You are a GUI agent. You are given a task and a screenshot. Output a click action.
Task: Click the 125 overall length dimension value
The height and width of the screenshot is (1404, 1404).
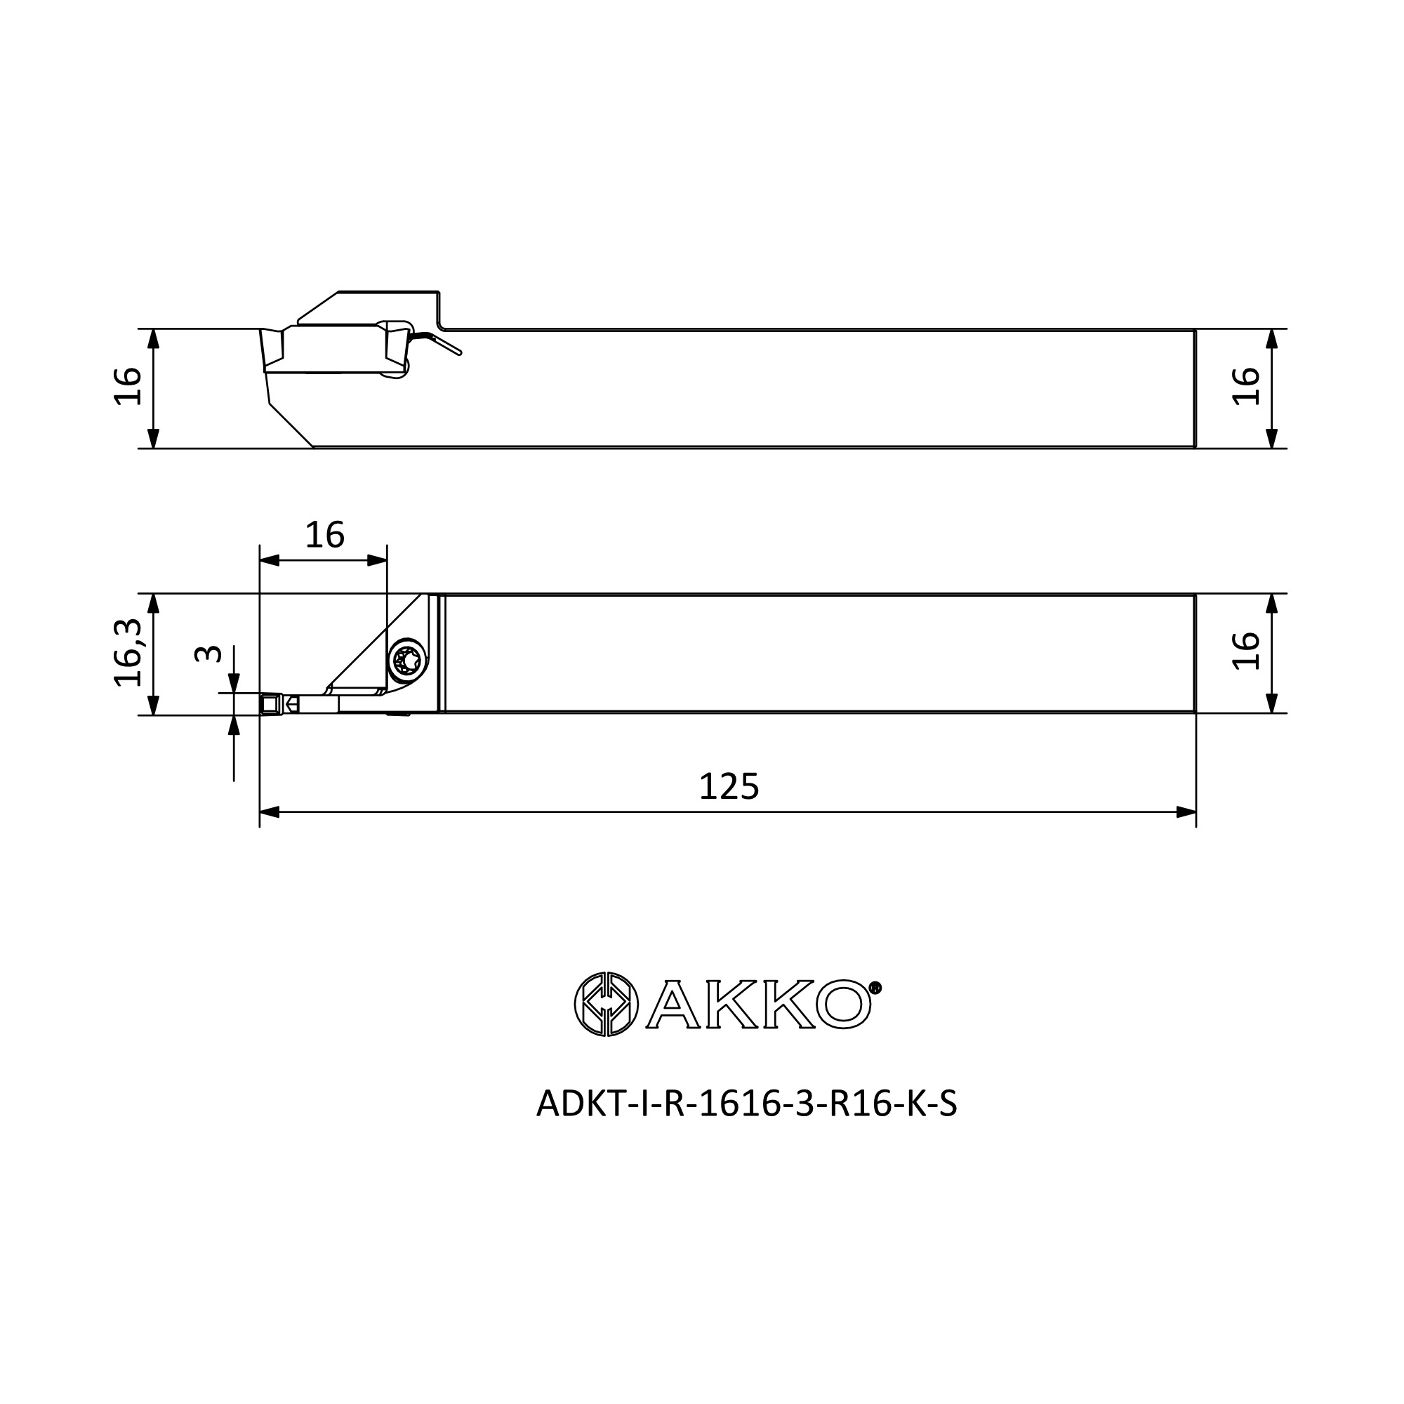729,787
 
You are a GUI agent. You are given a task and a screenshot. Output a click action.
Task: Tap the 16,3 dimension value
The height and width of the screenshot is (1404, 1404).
128,653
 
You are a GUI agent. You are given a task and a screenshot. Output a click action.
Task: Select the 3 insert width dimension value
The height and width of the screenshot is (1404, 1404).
208,654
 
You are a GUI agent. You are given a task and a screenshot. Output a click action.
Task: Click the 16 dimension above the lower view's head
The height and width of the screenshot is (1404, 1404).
324,536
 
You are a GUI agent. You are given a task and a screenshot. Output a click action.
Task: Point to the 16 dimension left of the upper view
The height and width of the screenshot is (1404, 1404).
128,387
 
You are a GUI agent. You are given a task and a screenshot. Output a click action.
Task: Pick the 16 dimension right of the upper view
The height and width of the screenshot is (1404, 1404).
1245,387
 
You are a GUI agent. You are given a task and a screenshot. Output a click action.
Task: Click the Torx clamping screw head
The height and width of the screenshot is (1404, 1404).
406,661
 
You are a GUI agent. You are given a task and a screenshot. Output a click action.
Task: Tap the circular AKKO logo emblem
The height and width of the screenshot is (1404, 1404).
606,1005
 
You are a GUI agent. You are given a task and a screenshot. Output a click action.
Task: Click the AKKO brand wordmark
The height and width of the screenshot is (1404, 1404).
760,1005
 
